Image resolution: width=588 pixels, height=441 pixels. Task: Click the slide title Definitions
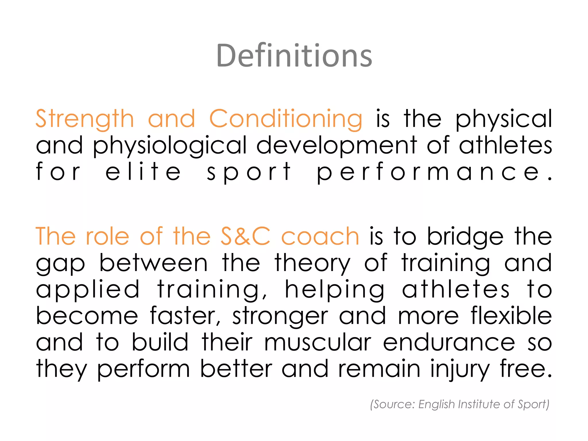tap(294, 56)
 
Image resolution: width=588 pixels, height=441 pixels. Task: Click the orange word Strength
tap(85, 119)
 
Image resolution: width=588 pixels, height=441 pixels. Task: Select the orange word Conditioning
tap(286, 119)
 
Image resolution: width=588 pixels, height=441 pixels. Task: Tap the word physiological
tap(170, 145)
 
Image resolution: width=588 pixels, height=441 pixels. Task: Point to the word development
tap(336, 145)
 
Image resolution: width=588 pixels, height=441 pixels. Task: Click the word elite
tap(143, 172)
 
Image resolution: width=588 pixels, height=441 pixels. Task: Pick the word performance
tap(434, 172)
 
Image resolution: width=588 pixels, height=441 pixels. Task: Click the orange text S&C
tap(245, 236)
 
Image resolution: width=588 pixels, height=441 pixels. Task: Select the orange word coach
tap(320, 236)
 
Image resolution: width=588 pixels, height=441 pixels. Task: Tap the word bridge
tap(465, 236)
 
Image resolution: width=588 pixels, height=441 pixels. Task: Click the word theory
tap(312, 263)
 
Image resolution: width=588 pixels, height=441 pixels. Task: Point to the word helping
tap(334, 289)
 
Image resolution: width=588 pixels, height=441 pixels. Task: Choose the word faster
tap(185, 316)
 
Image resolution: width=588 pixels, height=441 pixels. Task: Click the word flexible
tap(511, 316)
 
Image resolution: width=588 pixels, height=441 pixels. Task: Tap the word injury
tap(459, 369)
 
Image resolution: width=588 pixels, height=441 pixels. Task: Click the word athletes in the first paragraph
tap(505, 145)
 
